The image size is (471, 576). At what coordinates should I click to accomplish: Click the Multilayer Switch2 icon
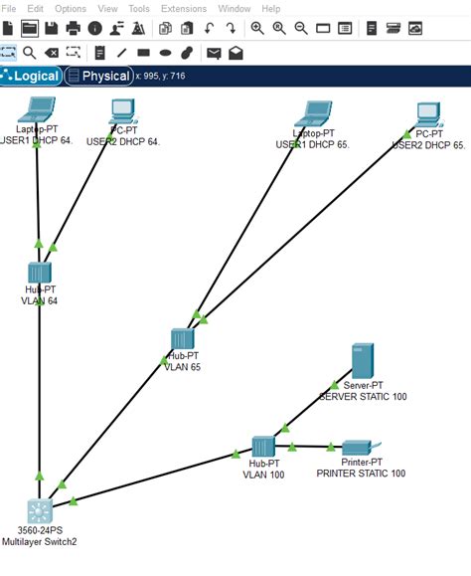(x=39, y=511)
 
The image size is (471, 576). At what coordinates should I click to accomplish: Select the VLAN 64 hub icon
(x=39, y=273)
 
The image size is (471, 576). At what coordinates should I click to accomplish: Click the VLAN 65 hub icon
(x=182, y=338)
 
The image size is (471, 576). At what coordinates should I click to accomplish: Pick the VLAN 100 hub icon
(x=262, y=447)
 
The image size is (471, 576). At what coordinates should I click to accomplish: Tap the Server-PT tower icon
(x=362, y=361)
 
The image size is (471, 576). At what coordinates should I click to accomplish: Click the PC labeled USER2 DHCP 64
(x=122, y=109)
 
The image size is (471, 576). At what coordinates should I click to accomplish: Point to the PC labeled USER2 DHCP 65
(x=428, y=113)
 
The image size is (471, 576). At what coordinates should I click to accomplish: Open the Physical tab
(x=98, y=76)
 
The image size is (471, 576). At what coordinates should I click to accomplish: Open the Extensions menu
(x=184, y=8)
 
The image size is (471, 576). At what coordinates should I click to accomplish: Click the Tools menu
(x=139, y=8)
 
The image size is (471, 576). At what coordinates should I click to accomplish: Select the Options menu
(x=71, y=8)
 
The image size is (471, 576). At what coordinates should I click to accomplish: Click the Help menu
(x=271, y=8)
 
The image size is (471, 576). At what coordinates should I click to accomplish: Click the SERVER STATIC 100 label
(x=363, y=396)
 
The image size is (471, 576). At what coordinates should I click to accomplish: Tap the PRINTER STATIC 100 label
(x=361, y=474)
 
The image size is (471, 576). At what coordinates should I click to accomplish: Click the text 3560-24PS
(x=39, y=531)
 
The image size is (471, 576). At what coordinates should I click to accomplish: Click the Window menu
(x=235, y=8)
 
